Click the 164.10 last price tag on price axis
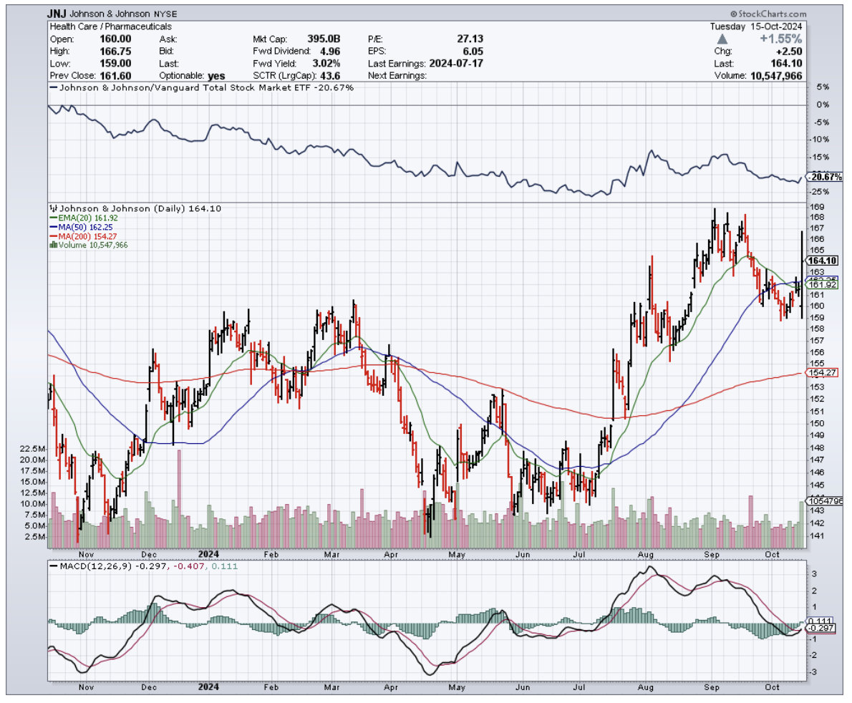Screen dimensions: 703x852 [x=823, y=261]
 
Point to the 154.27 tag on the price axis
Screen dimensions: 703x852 [x=822, y=373]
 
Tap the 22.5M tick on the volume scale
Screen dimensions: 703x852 [x=33, y=449]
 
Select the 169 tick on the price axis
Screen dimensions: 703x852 [x=814, y=207]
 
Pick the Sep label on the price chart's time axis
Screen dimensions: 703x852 [x=711, y=555]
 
